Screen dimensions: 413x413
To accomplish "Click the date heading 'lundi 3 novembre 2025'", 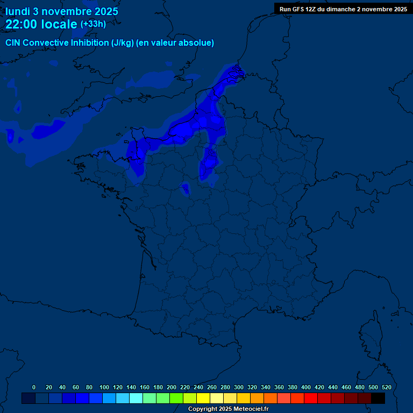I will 62,11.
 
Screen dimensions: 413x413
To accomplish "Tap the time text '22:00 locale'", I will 41,24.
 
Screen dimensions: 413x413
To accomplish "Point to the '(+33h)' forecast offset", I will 93,24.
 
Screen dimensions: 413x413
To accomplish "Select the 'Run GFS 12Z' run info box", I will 343,9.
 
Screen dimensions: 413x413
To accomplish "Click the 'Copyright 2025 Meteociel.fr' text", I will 228,409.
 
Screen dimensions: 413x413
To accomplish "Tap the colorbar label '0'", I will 34,387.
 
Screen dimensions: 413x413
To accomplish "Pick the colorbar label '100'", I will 104,387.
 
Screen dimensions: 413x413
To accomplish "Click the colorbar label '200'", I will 172,387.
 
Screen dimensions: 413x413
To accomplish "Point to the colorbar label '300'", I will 239,387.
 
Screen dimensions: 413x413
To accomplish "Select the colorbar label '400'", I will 306,387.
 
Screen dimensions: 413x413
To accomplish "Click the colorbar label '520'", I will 386,387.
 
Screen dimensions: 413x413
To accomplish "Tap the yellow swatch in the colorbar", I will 203,398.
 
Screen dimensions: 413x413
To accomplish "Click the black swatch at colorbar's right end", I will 378,398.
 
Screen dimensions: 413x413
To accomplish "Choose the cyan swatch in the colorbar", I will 136,398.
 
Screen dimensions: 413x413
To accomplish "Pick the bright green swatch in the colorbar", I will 176,398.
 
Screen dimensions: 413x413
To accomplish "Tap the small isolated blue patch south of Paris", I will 185,188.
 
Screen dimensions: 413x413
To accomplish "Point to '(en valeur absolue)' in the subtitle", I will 175,43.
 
